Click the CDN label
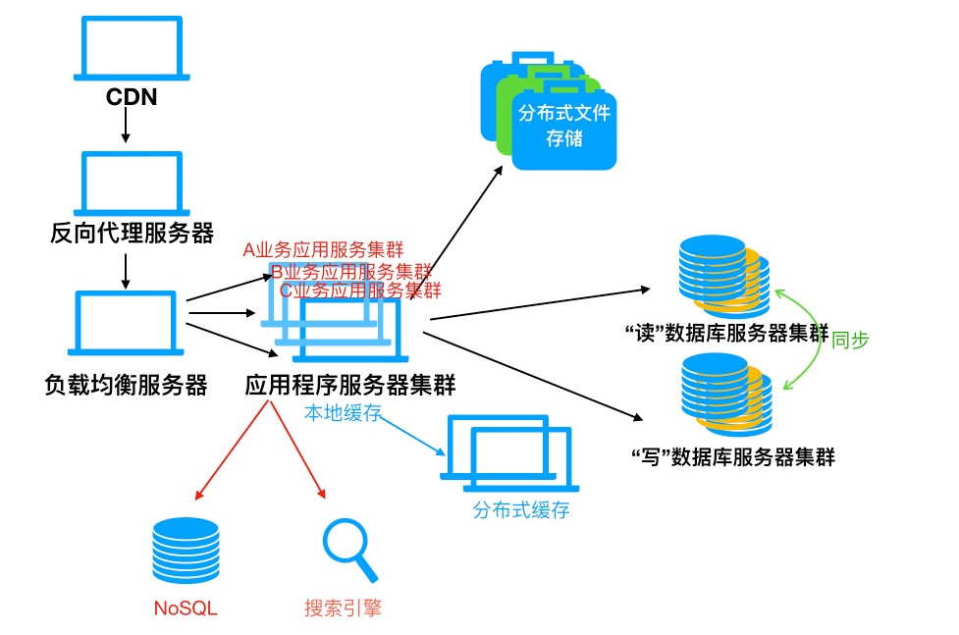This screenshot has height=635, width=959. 133,97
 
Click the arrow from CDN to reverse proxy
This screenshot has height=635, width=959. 127,126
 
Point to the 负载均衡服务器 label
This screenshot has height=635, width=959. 127,384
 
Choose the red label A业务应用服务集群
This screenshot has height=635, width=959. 323,250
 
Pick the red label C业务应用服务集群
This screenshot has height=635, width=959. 360,291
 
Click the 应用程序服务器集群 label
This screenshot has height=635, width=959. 349,384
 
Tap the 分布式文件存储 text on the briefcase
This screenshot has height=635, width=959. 564,126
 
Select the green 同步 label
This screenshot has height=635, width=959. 850,340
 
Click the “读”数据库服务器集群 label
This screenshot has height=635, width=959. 726,332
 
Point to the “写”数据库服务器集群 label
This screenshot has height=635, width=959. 731,456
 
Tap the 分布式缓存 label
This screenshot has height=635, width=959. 520,510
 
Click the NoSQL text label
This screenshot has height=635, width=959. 186,609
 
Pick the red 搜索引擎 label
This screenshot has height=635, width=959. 343,609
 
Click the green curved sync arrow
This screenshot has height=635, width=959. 807,339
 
